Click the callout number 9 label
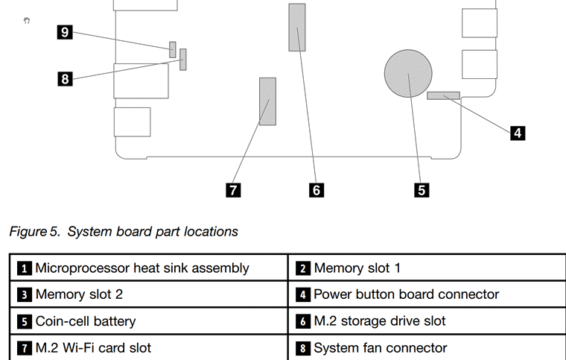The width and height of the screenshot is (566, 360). point(66,31)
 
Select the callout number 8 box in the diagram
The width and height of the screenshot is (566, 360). point(66,78)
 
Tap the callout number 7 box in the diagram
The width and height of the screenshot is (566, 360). point(233,190)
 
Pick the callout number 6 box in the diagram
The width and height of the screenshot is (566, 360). point(317,190)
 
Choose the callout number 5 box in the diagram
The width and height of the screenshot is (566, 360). point(422,190)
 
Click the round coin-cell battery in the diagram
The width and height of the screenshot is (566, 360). point(408,73)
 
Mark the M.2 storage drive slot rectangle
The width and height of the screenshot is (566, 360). point(297,27)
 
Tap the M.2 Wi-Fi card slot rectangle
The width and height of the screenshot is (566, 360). point(267,101)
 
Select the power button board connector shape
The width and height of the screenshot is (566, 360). point(444,95)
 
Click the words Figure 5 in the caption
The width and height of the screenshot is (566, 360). point(34,232)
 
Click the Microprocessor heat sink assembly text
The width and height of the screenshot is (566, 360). point(142,268)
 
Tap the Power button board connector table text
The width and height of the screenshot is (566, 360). point(407,294)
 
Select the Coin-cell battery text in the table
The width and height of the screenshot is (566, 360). point(86,321)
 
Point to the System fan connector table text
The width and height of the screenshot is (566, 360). point(381,348)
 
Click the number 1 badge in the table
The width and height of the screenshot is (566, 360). point(25,268)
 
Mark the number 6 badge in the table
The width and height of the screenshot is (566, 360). point(304,322)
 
